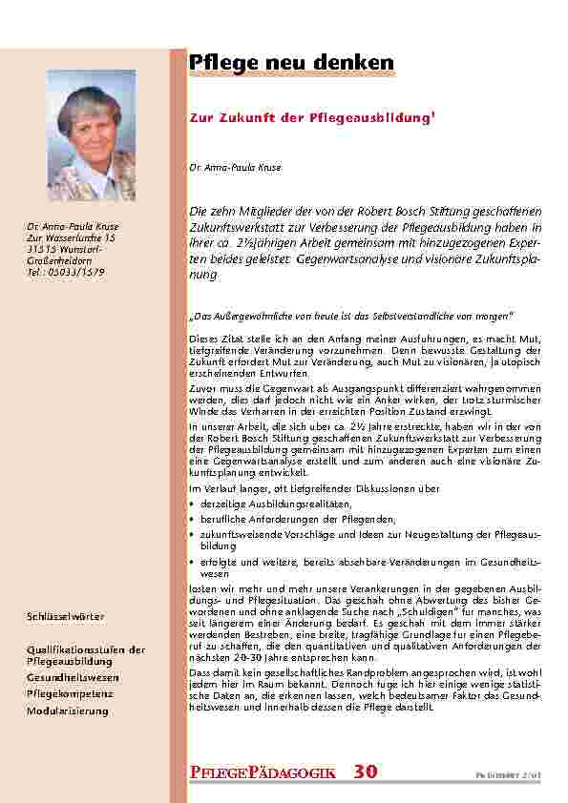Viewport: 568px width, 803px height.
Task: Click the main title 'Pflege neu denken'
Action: pyautogui.click(x=291, y=62)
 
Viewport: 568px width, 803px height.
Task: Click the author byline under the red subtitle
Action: pyautogui.click(x=222, y=167)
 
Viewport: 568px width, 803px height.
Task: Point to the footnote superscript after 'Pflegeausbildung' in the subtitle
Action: pyautogui.click(x=435, y=114)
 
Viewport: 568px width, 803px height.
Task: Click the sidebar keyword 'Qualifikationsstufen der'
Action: pyautogui.click(x=86, y=649)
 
